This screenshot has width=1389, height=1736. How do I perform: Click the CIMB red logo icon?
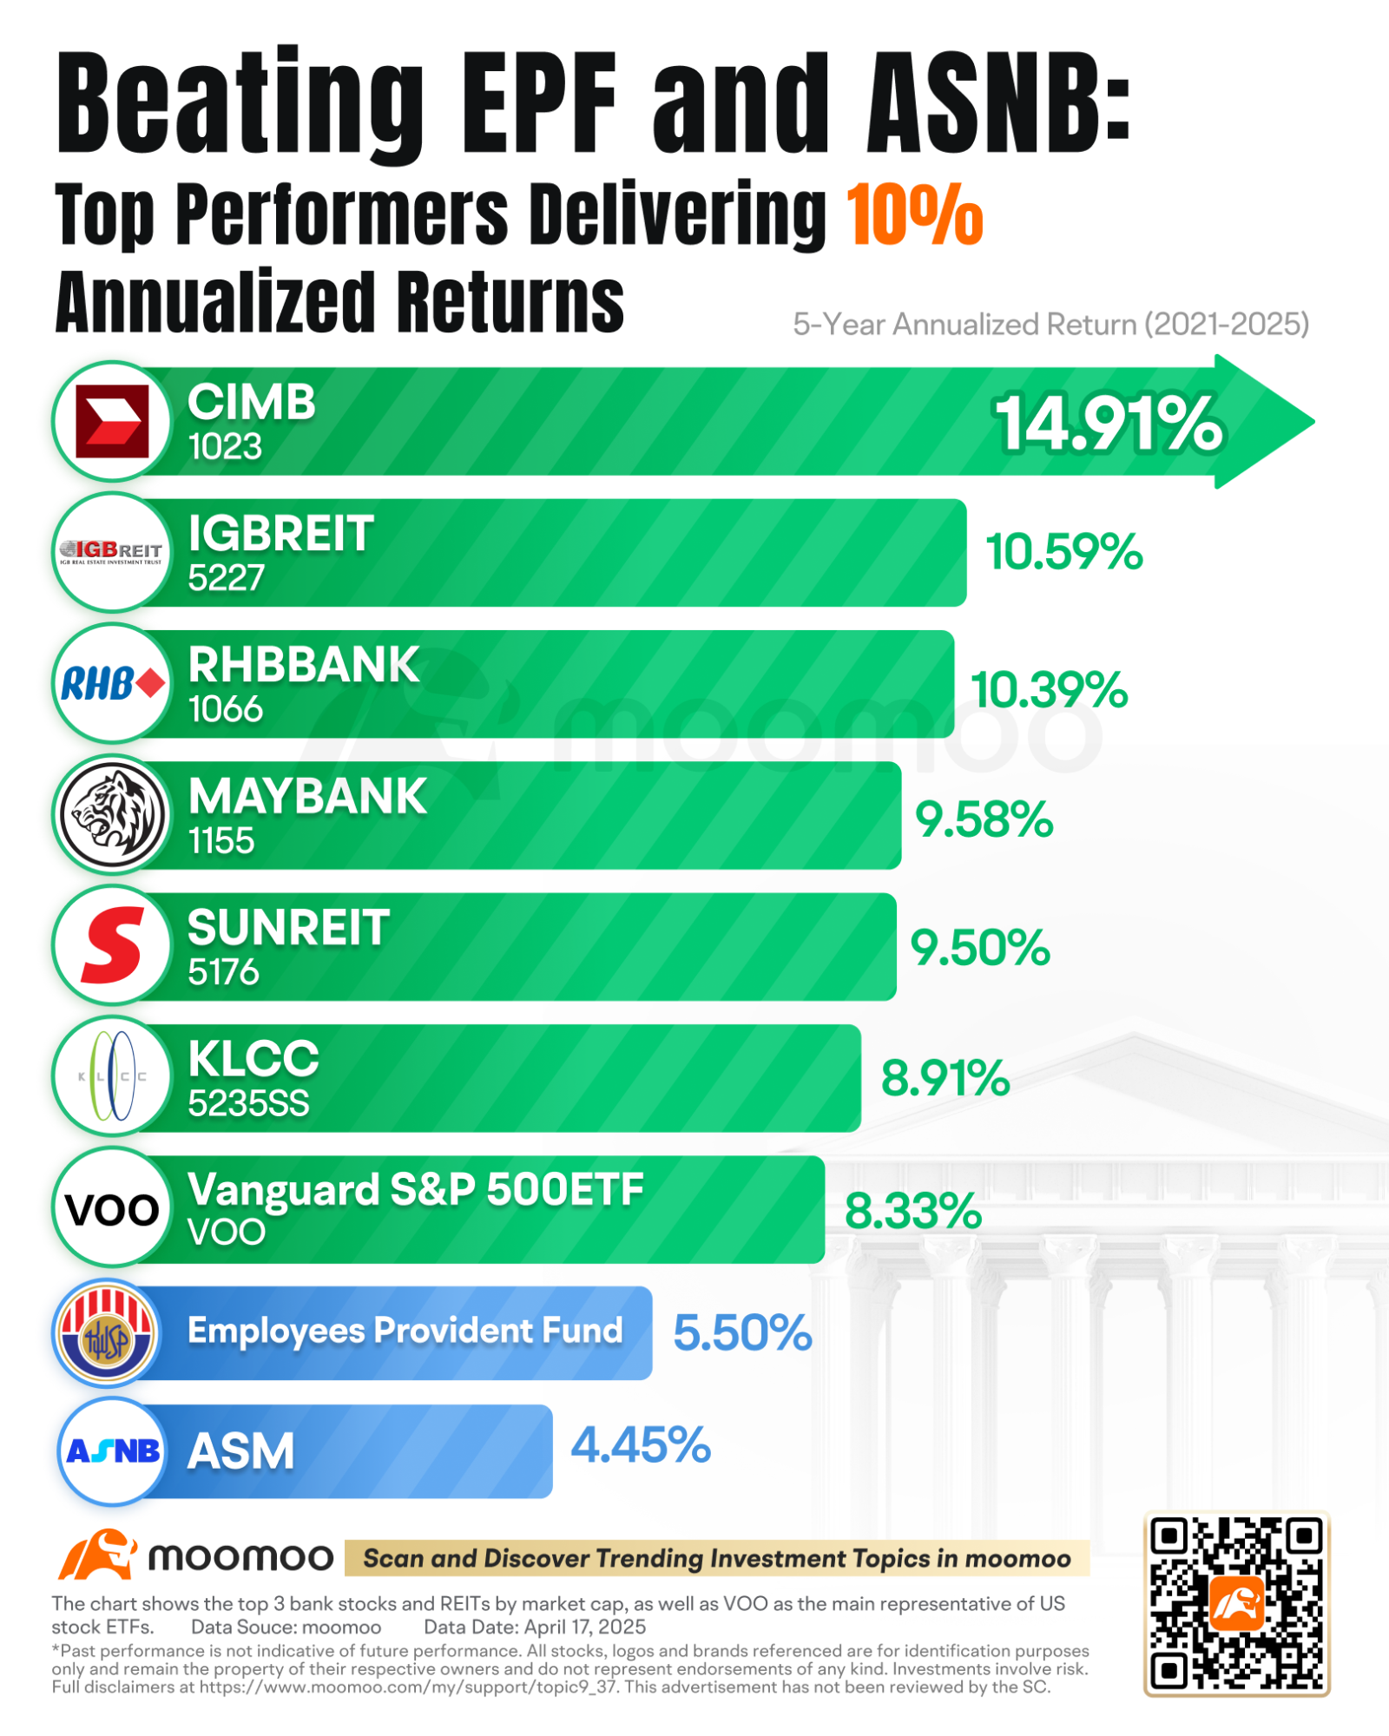click(x=112, y=421)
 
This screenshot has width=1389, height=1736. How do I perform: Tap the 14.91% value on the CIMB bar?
click(x=1108, y=424)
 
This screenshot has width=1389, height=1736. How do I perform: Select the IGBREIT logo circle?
click(x=112, y=552)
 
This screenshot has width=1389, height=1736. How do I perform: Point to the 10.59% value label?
click(x=1063, y=552)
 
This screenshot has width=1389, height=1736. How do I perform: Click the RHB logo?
click(x=112, y=684)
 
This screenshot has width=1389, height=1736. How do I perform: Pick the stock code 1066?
click(x=225, y=710)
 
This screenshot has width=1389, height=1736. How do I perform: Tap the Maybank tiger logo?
click(x=112, y=815)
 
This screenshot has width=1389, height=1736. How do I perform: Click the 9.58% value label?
click(x=984, y=819)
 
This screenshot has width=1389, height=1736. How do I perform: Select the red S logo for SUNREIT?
click(x=112, y=945)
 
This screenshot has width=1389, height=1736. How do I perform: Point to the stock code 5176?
click(x=223, y=972)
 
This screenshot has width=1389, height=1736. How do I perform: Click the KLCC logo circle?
click(x=112, y=1076)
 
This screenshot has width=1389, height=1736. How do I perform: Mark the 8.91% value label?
click(x=945, y=1078)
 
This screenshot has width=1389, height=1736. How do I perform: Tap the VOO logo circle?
click(x=112, y=1208)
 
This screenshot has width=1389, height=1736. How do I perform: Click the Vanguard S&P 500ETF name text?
click(x=416, y=1190)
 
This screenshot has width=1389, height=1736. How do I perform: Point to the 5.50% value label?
click(x=742, y=1333)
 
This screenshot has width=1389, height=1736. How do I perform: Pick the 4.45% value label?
click(x=641, y=1446)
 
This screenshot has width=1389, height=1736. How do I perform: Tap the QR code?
click(x=1236, y=1603)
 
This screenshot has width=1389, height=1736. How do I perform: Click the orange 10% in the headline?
click(x=914, y=214)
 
